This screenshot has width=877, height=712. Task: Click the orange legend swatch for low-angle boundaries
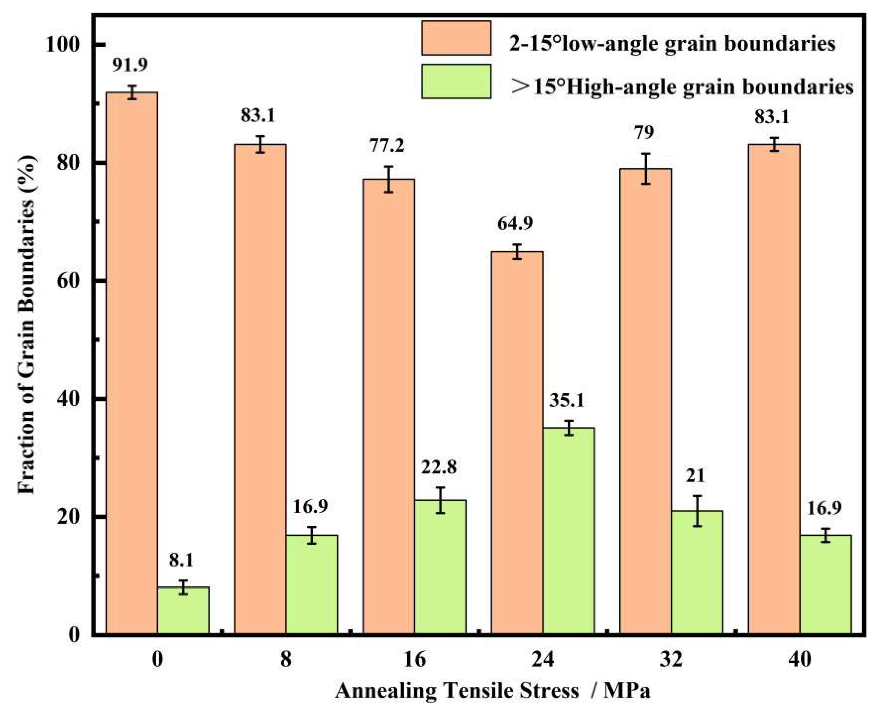coord(456,38)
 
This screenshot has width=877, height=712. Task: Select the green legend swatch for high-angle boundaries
coord(456,81)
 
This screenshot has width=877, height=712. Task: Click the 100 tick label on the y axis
coord(61,44)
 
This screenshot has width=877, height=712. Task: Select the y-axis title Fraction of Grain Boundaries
coord(27,324)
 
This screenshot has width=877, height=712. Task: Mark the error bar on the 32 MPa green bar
coord(697,511)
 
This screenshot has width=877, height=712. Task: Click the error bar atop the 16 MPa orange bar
coord(389,179)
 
